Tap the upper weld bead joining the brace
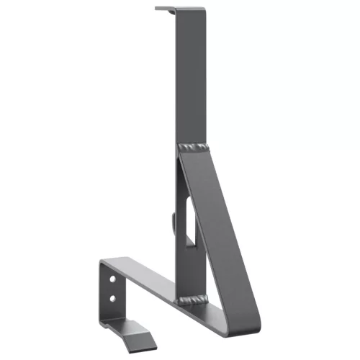point(195,148)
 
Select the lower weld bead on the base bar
point(193,299)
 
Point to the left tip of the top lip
point(156,9)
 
